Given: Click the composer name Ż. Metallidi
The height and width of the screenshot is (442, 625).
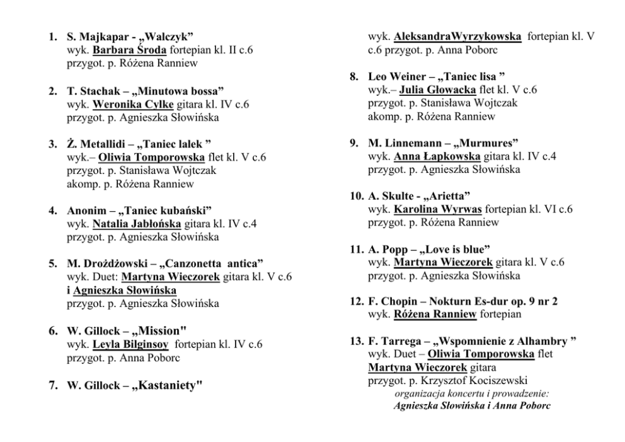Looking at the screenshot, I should [96, 144].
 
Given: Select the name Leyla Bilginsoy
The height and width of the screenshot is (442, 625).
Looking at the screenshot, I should [130, 345].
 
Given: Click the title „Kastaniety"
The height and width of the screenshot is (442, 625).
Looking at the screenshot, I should [166, 385].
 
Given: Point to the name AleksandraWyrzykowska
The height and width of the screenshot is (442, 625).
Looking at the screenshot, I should [458, 37].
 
